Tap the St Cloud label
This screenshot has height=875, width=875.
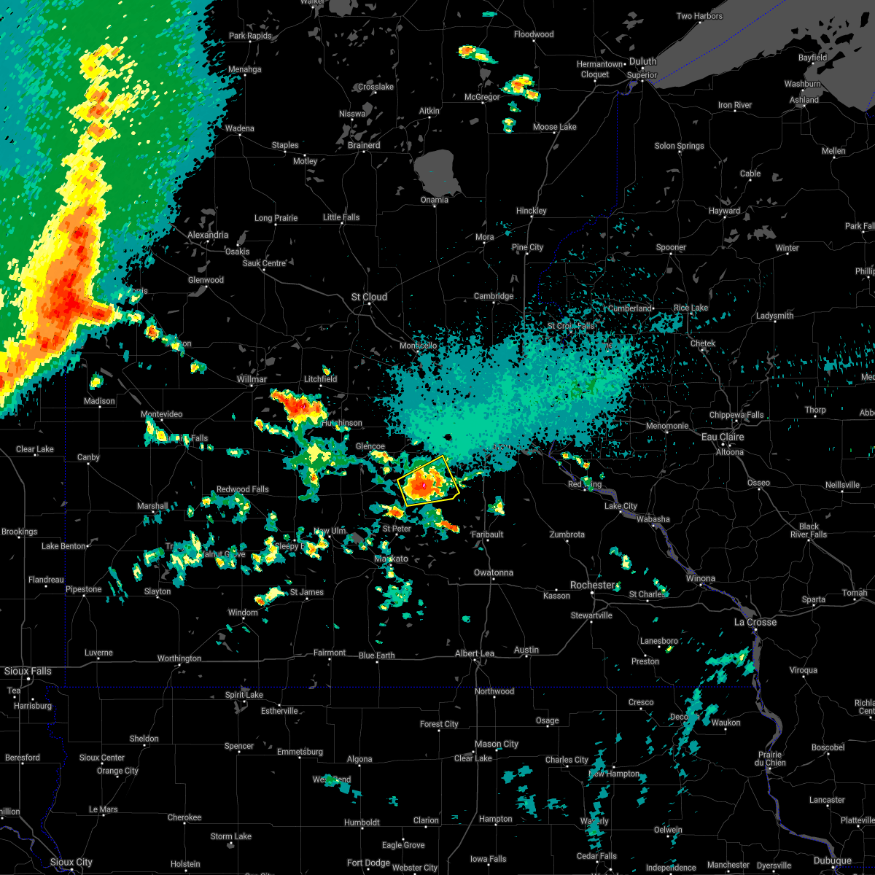369,297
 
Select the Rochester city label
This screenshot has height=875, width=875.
593,585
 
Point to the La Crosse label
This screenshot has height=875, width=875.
755,622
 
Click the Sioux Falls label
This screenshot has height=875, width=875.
28,671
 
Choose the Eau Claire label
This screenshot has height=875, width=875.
723,437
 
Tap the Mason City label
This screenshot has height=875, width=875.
496,744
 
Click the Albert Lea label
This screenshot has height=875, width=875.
475,653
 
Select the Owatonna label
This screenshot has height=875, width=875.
494,572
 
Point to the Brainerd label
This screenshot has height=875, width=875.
364,145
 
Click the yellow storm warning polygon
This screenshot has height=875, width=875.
428,481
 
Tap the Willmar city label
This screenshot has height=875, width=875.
252,379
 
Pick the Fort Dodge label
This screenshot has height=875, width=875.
368,863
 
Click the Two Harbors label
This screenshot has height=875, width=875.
699,16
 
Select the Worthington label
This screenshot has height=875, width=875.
179,658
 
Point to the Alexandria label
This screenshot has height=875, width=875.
208,235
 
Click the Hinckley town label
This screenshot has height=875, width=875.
531,211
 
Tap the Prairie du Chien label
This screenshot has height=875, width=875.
770,759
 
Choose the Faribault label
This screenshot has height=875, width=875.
487,534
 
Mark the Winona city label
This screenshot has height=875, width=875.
700,578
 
